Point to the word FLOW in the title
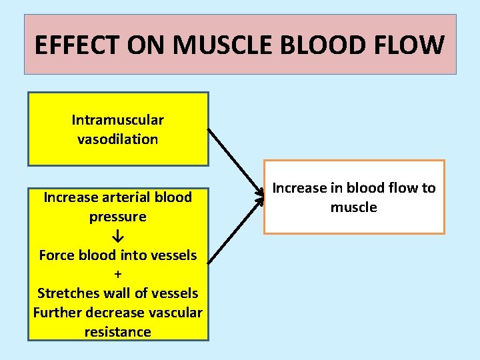tap(411, 45)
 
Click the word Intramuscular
tap(118, 120)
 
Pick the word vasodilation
tap(118, 139)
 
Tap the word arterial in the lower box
tap(127, 197)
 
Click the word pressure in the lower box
tap(117, 217)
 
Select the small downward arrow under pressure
tap(118, 236)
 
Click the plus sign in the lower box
tap(118, 274)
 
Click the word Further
tap(57, 313)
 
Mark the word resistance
tap(118, 331)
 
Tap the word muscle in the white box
tap(354, 207)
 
